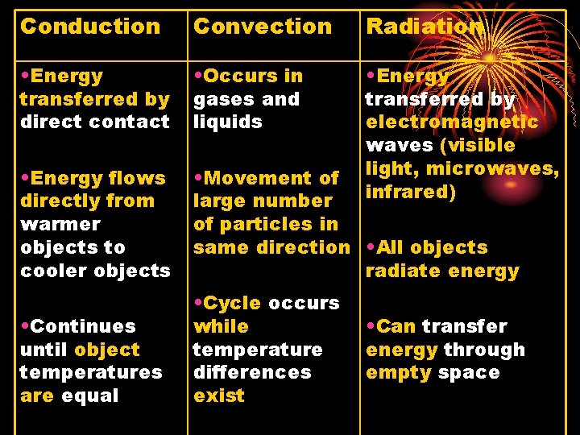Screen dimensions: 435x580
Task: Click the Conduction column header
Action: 90,27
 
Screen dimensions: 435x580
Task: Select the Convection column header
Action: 263,27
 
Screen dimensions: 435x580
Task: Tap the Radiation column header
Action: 425,27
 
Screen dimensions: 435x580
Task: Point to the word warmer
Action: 60,224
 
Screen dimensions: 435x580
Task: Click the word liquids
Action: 228,122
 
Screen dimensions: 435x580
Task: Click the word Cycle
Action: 231,304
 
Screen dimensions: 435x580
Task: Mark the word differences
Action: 252,373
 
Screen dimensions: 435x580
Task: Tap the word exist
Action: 218,396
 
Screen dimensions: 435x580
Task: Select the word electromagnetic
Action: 452,122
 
